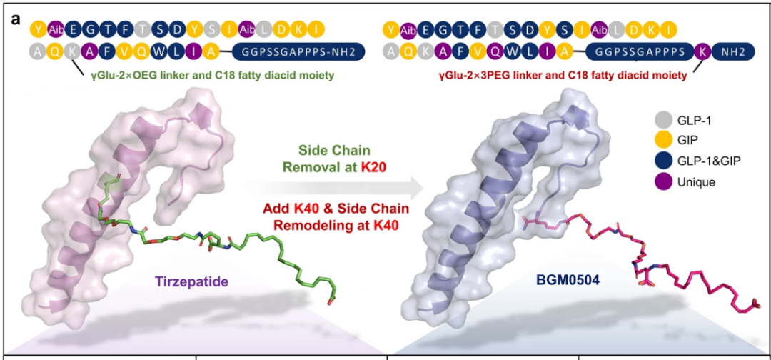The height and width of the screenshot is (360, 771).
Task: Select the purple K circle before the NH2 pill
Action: pos(702,51)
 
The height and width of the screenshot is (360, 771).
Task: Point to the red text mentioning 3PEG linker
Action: pos(563,75)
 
